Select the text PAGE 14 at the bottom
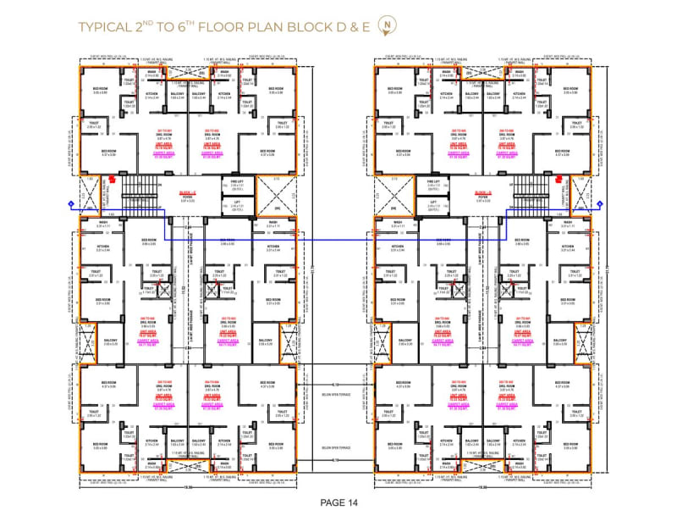(x=338, y=502)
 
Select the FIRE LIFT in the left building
(x=235, y=183)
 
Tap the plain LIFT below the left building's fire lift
(x=235, y=203)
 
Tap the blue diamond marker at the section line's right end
(x=599, y=203)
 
